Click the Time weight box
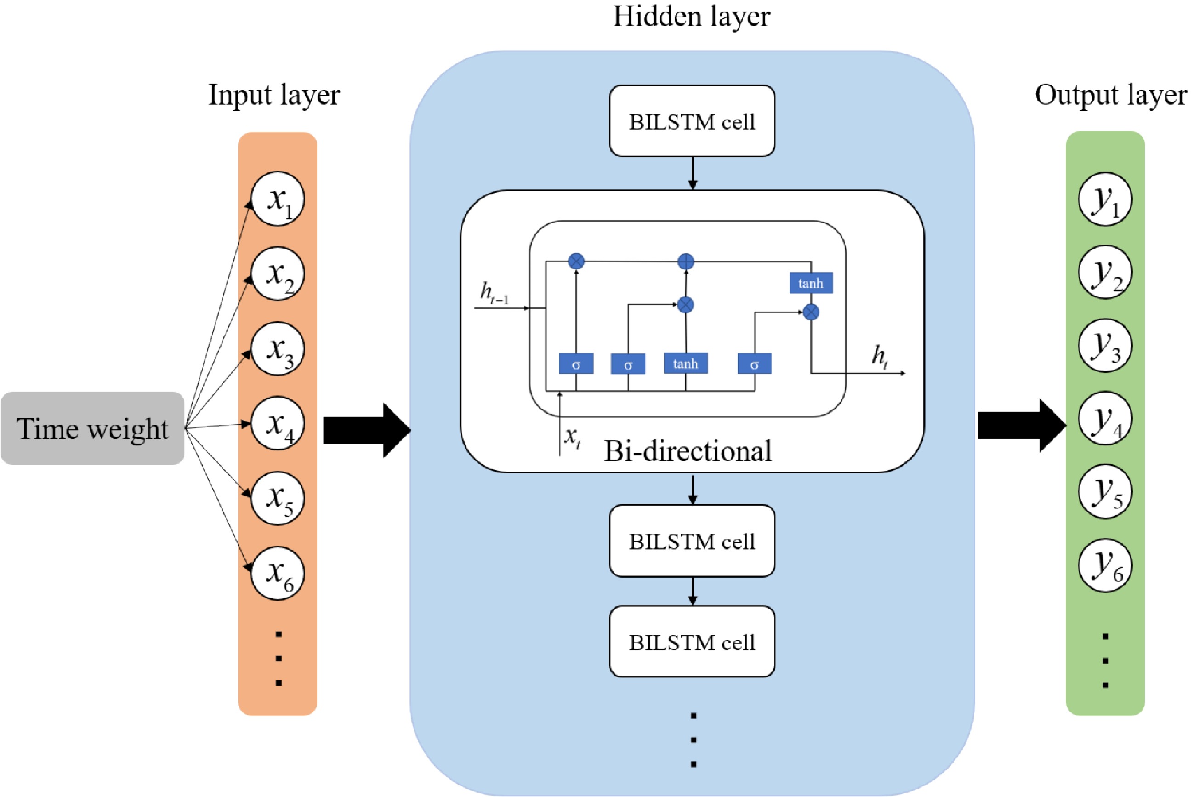pyautogui.click(x=92, y=428)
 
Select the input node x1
pyautogui.click(x=278, y=199)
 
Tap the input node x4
pyautogui.click(x=278, y=423)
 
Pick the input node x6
pyautogui.click(x=278, y=573)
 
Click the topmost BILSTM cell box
pyautogui.click(x=692, y=121)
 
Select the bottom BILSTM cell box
pyautogui.click(x=692, y=642)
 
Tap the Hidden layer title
pyautogui.click(x=692, y=16)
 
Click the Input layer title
pyautogui.click(x=274, y=95)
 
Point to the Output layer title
pyautogui.click(x=1111, y=95)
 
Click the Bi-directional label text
pyautogui.click(x=688, y=451)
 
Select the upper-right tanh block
pyautogui.click(x=811, y=283)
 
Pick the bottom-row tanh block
pyautogui.click(x=685, y=364)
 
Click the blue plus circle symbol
pyautogui.click(x=686, y=262)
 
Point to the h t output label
pyautogui.click(x=880, y=356)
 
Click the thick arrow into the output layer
pyautogui.click(x=1021, y=426)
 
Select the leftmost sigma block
pyautogui.click(x=576, y=364)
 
